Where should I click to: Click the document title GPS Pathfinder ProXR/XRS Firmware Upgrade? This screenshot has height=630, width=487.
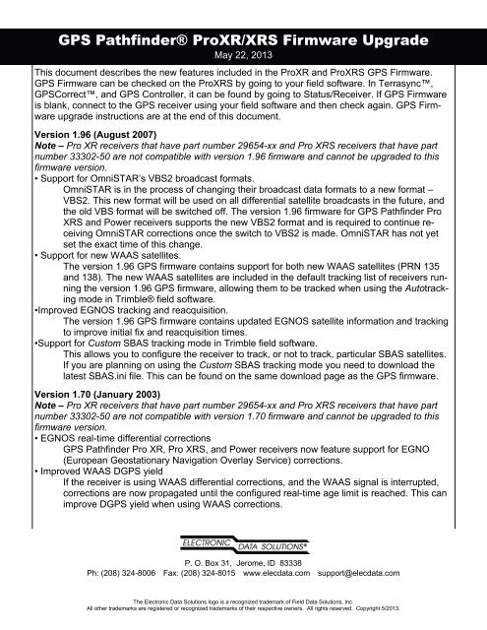(243, 42)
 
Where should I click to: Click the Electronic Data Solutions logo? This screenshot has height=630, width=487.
(243, 542)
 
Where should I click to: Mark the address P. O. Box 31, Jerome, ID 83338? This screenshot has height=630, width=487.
(243, 559)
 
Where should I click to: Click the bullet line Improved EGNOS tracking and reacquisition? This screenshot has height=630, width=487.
(128, 335)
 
